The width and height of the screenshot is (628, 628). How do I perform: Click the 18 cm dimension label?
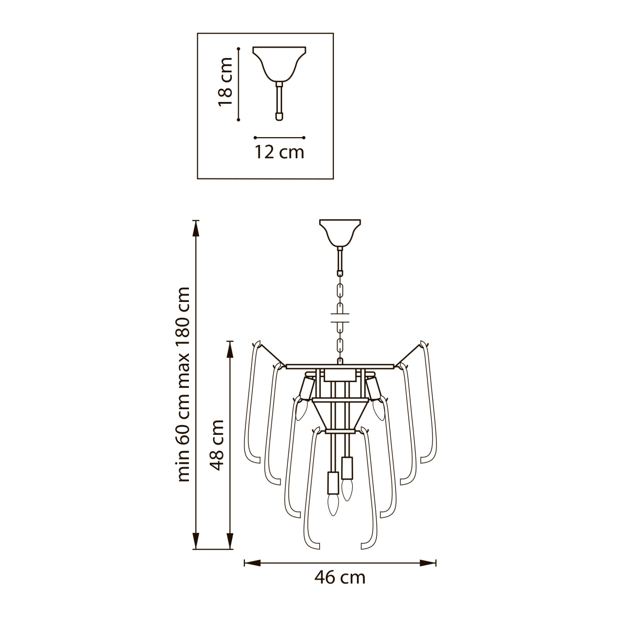(x=225, y=82)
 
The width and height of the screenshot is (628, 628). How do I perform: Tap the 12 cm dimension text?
(x=279, y=152)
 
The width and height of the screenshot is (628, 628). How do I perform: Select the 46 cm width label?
(x=340, y=578)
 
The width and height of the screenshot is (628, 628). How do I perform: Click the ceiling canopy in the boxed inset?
(x=279, y=64)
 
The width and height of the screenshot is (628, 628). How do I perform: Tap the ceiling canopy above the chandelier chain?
(x=340, y=233)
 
